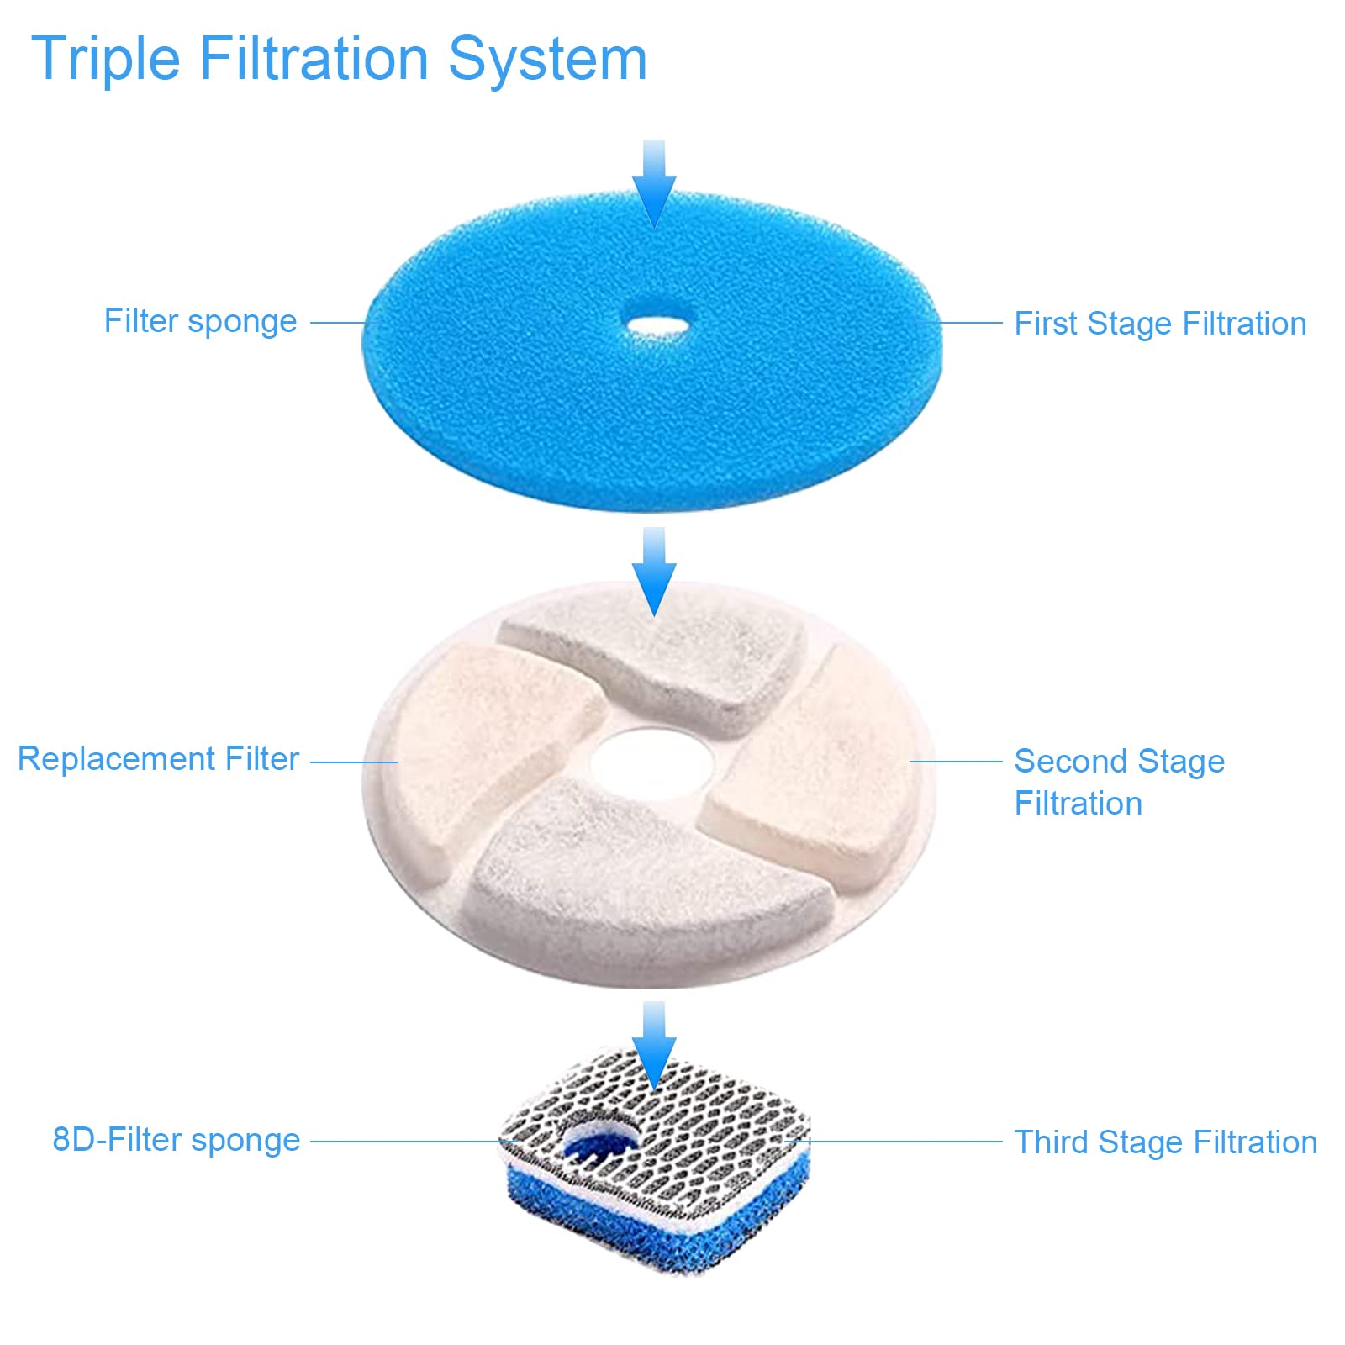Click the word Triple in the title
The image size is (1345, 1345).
pos(106,59)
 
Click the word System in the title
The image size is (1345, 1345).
pos(547,59)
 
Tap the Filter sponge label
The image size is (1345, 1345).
pos(200,321)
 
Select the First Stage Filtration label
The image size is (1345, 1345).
pos(1159,324)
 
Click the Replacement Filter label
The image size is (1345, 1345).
pos(158,759)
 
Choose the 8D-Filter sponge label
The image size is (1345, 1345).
pos(176,1140)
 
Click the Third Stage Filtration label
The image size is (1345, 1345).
pos(1165,1142)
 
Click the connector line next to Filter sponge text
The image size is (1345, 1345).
pos(336,322)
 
